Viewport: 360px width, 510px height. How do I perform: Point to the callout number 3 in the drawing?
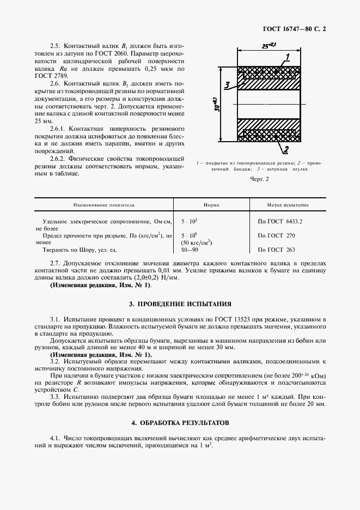[x=228, y=85]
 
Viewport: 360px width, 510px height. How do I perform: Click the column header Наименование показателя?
[x=104, y=205]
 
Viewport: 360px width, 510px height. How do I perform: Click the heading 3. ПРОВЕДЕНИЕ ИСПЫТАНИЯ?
[x=180, y=303]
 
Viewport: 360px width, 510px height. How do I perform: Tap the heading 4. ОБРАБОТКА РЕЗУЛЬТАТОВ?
[x=180, y=423]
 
